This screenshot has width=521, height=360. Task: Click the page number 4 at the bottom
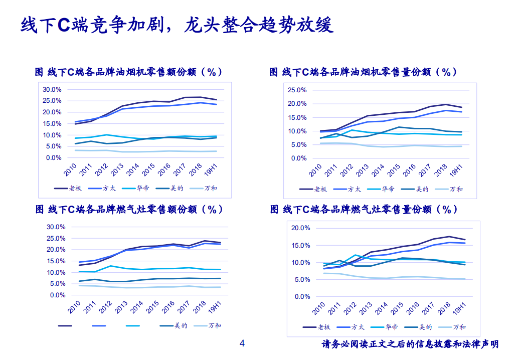pos(242,343)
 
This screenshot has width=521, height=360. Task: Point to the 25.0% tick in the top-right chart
pos(296,90)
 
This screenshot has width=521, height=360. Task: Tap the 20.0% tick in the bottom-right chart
pos(300,228)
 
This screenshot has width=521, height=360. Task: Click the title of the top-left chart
pos(128,72)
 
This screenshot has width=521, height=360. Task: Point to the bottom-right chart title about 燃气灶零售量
pos(364,210)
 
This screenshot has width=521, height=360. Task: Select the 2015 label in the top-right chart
pos(395,170)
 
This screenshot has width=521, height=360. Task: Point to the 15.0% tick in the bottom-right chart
pos(300,246)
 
